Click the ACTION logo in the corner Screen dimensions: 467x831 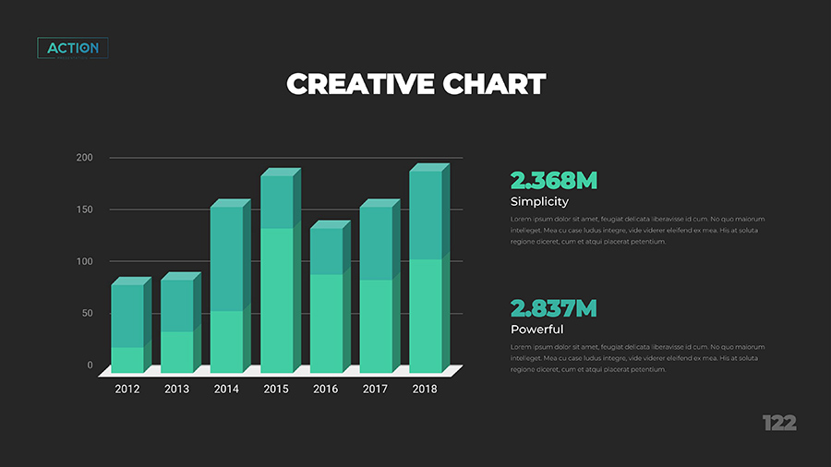coord(73,48)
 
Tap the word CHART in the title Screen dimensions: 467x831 coord(495,84)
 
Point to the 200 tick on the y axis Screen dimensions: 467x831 coord(84,158)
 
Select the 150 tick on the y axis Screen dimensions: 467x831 coord(84,210)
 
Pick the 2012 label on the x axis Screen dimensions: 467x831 coord(127,389)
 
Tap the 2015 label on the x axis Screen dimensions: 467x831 coord(276,389)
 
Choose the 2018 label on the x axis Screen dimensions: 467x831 coord(425,389)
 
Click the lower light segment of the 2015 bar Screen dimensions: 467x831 coord(276,300)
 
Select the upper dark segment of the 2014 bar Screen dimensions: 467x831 coord(226,258)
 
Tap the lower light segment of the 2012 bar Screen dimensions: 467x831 coord(127,360)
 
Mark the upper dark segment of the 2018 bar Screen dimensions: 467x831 coord(425,215)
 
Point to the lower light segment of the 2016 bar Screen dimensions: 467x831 coord(326,323)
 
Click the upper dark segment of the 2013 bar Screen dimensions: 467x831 coord(176,305)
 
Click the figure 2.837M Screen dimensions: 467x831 coord(554,307)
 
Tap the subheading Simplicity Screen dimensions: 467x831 coord(539,201)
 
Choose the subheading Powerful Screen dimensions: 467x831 coord(536,329)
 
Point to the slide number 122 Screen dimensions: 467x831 coord(779,423)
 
